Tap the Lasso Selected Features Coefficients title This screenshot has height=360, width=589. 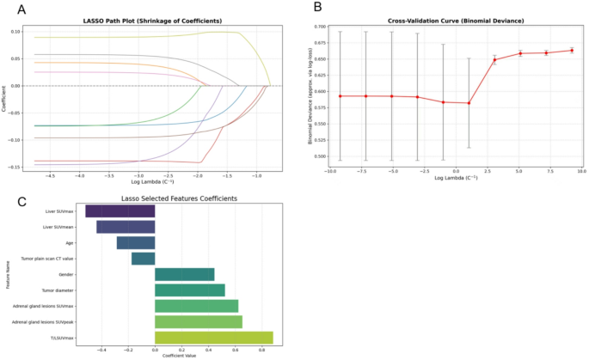[x=179, y=199]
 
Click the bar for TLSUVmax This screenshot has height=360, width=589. [x=213, y=338]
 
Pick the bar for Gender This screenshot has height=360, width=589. [x=184, y=274]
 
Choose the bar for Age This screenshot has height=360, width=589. [x=136, y=243]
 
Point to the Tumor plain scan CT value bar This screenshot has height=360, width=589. [x=143, y=259]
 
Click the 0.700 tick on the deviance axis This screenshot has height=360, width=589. [x=320, y=27]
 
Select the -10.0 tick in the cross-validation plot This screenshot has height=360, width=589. [x=329, y=172]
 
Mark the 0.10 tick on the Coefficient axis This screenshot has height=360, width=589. [x=16, y=31]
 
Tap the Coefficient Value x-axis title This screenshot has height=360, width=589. [x=179, y=355]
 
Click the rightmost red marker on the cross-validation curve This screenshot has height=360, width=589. [x=571, y=51]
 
